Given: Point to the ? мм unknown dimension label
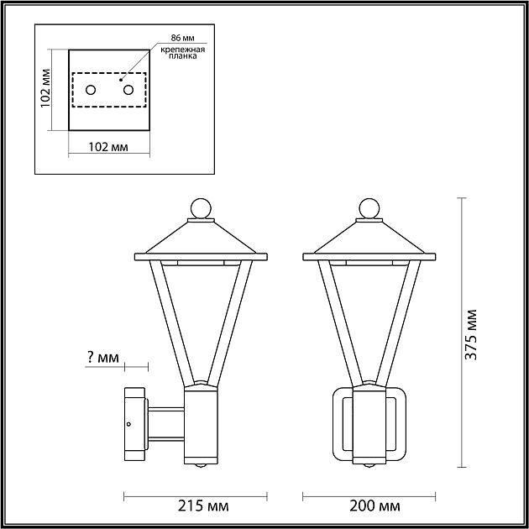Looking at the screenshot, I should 102,359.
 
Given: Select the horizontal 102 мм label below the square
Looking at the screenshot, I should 107,148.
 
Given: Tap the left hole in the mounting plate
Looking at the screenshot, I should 91,90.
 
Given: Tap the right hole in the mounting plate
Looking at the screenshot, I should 128,90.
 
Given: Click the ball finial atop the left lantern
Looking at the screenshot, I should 200,207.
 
